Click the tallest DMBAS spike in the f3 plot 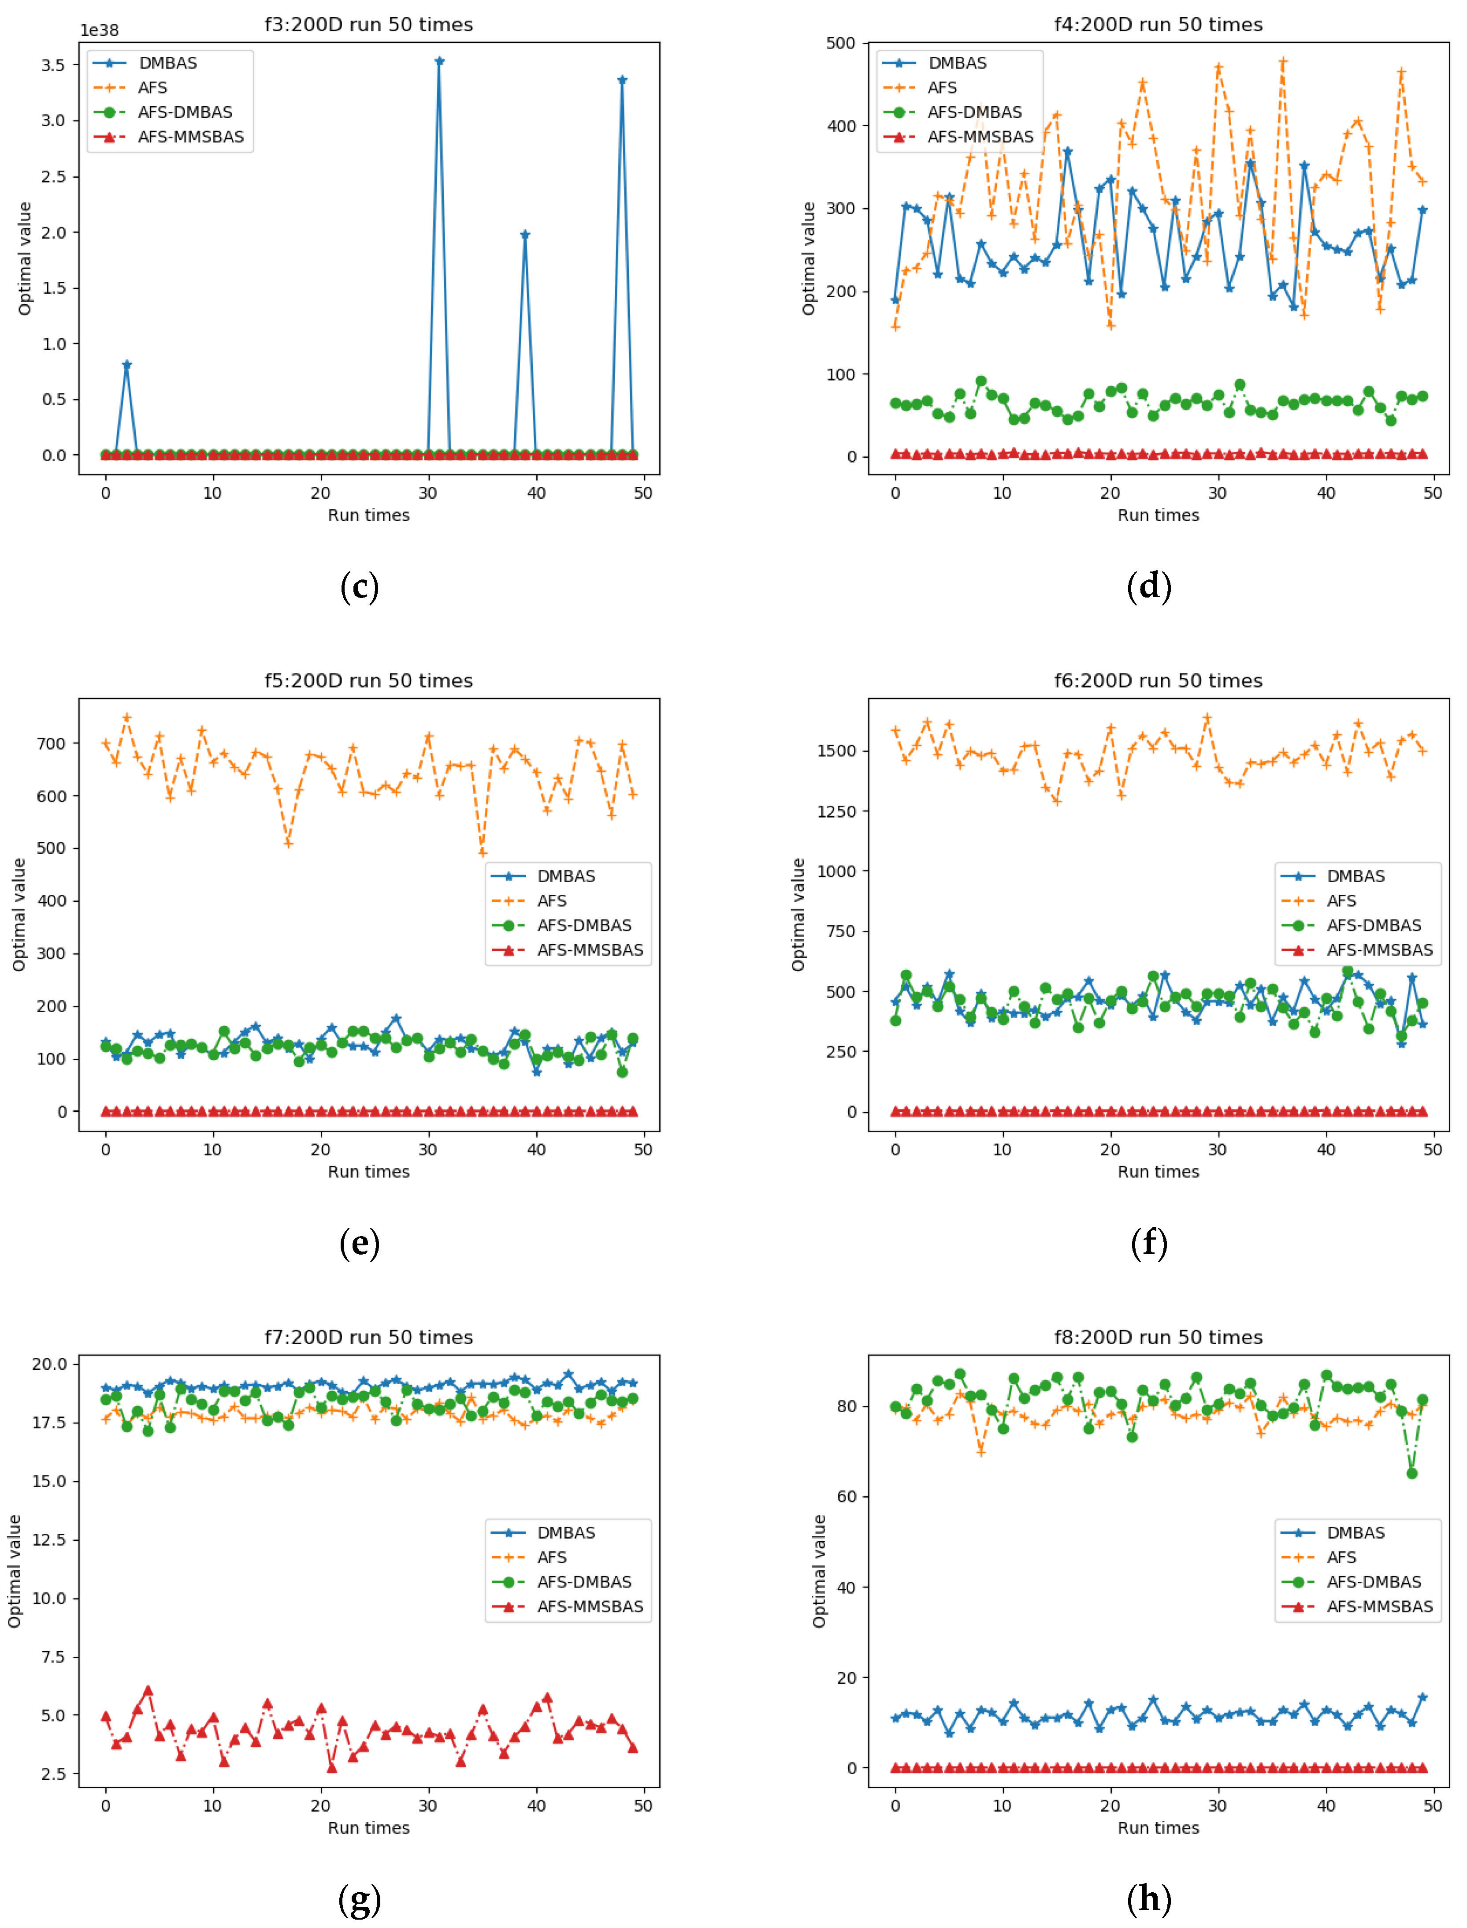[x=439, y=61]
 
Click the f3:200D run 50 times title [x=368, y=24]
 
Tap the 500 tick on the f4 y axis [x=841, y=43]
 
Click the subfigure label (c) [x=359, y=586]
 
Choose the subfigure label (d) [x=1149, y=586]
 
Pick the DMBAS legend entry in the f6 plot [x=1355, y=876]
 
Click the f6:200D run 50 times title [x=1158, y=680]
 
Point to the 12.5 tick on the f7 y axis [x=49, y=1539]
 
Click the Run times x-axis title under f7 [x=368, y=1827]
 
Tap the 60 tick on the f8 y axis [x=846, y=1496]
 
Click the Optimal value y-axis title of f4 [x=809, y=258]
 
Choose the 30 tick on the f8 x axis [x=1217, y=1806]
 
